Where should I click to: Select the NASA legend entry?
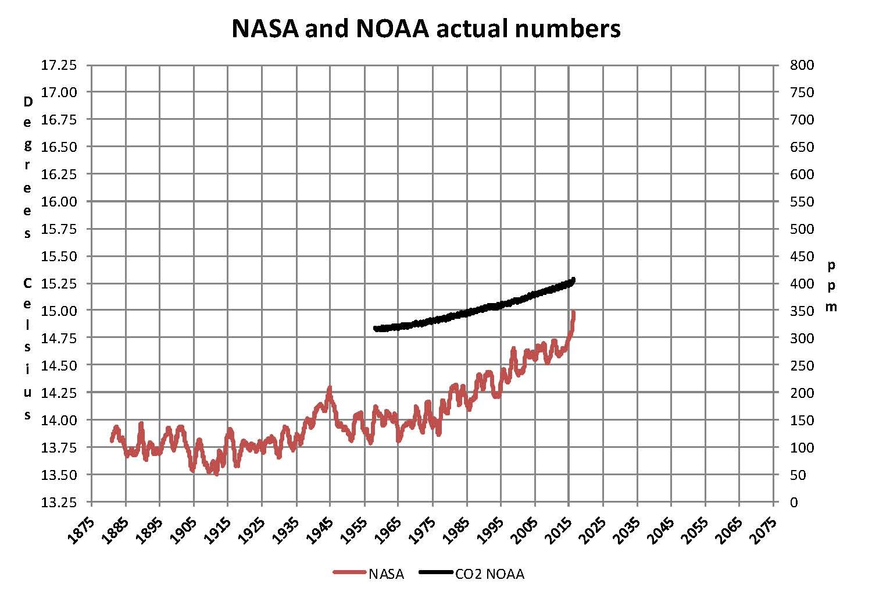pos(386,574)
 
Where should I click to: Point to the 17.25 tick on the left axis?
pos(59,65)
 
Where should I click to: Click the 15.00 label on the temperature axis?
pos(59,311)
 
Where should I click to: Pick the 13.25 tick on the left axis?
pos(59,502)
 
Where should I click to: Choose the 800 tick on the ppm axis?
pos(802,65)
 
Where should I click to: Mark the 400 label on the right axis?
pos(802,284)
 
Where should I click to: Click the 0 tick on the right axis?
pos(794,502)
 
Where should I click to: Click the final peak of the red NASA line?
pos(574,312)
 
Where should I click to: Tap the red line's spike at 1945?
pos(330,388)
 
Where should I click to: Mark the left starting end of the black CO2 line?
pos(376,329)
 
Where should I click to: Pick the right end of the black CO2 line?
pos(573,280)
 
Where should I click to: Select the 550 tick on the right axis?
pos(802,202)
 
